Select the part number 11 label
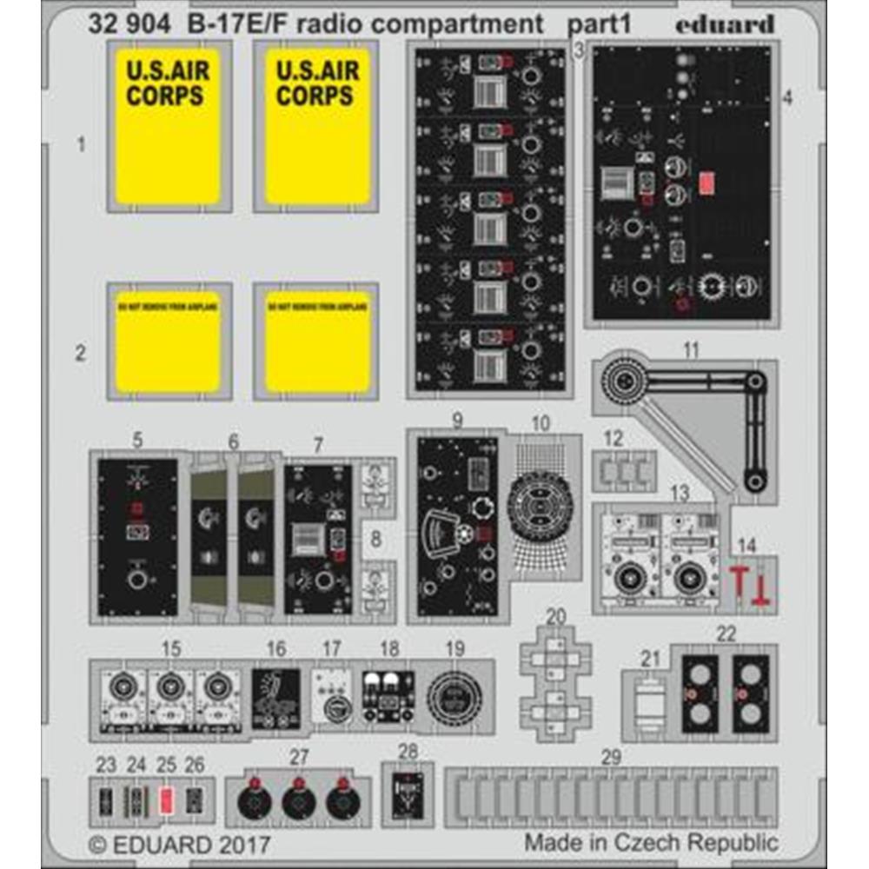click(x=691, y=352)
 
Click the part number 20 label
click(x=556, y=617)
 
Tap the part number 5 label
click(x=137, y=441)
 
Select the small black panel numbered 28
click(x=406, y=794)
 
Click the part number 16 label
click(x=275, y=648)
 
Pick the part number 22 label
click(x=726, y=634)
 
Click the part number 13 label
click(x=680, y=493)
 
